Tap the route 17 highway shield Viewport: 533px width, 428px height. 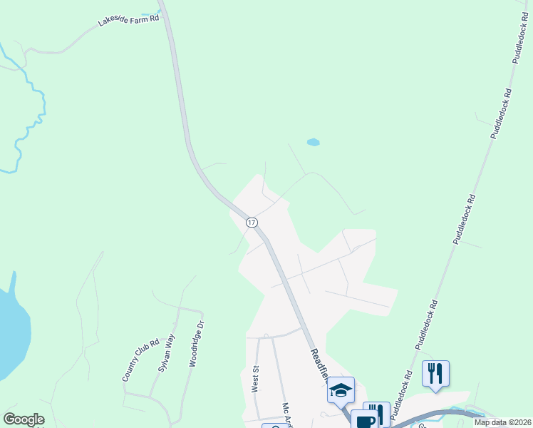click(x=252, y=223)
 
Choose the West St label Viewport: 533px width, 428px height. click(x=254, y=379)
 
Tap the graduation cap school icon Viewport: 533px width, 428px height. click(x=341, y=390)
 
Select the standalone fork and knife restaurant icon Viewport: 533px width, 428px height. click(x=435, y=373)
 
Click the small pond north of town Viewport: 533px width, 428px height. click(x=313, y=142)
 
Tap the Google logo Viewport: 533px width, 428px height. click(x=24, y=419)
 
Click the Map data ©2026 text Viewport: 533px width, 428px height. click(x=502, y=422)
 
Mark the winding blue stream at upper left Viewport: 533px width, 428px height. click(x=32, y=114)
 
